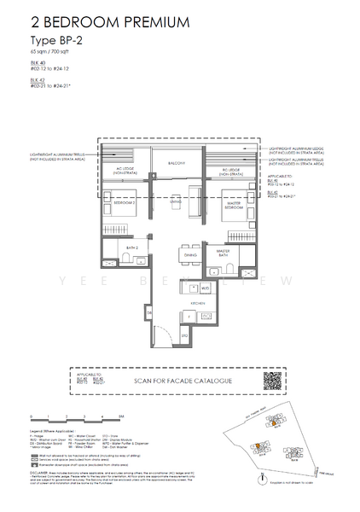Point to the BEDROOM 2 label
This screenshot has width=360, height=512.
coord(125,202)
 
